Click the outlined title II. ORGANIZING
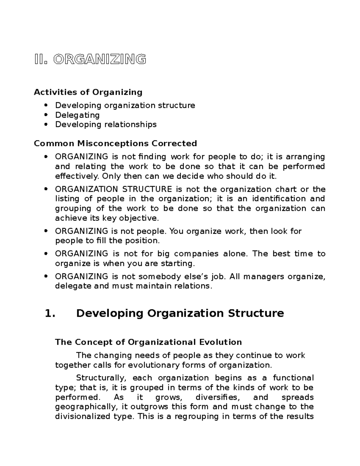(x=90, y=60)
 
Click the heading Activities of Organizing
(x=88, y=92)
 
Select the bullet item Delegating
(x=77, y=115)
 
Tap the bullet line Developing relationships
(x=106, y=124)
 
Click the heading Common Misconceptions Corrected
(x=115, y=143)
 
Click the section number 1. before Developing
(x=50, y=313)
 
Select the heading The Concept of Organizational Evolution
(x=148, y=342)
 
